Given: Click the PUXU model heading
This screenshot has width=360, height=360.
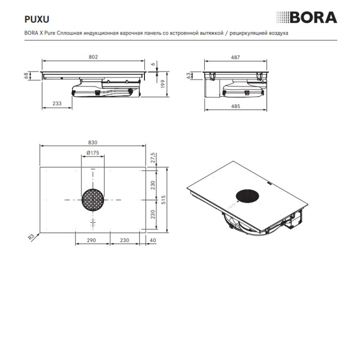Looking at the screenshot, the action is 37,19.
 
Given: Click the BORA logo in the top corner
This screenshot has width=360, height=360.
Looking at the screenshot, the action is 307,18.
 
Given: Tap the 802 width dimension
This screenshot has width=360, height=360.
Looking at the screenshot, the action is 93,57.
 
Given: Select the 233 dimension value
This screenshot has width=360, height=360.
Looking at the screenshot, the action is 57,103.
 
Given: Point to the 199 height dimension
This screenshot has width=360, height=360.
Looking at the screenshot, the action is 163,84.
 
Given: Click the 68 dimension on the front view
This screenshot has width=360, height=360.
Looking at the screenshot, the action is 27,76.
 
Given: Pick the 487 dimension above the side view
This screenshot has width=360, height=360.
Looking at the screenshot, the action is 235,58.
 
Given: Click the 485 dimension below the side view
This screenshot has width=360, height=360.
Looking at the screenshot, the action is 235,106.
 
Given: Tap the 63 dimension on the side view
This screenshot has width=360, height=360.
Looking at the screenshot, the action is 189,76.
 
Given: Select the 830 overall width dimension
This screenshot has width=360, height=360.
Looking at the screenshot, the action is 93,143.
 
